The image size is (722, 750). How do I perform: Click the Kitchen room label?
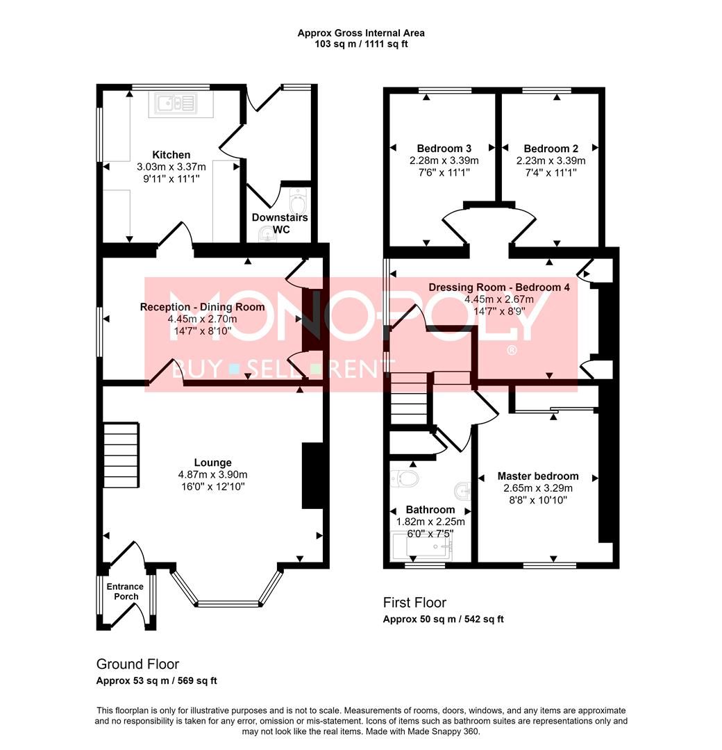tap(171, 154)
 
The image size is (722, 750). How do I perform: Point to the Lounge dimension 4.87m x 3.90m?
tap(212, 474)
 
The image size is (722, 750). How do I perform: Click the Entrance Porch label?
tap(125, 591)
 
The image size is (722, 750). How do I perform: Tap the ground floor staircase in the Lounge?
tap(121, 455)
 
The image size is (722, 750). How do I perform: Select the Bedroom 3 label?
tap(444, 149)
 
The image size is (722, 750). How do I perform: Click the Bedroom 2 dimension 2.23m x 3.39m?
tap(551, 160)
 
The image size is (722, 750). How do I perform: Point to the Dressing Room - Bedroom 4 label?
tap(499, 287)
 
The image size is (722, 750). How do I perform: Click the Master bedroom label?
tap(538, 476)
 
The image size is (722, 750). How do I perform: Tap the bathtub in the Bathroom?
tap(421, 546)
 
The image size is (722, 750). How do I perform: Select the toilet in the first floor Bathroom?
tap(405, 478)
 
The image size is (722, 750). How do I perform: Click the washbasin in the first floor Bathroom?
tap(462, 490)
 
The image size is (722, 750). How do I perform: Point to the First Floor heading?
tap(414, 603)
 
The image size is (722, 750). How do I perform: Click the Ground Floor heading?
tap(137, 664)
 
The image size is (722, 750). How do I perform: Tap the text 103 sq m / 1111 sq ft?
tap(361, 44)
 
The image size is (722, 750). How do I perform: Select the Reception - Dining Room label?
tap(202, 307)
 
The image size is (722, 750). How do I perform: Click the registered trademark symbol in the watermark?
tap(512, 351)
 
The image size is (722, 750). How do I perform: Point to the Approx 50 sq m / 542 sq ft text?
tap(443, 619)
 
